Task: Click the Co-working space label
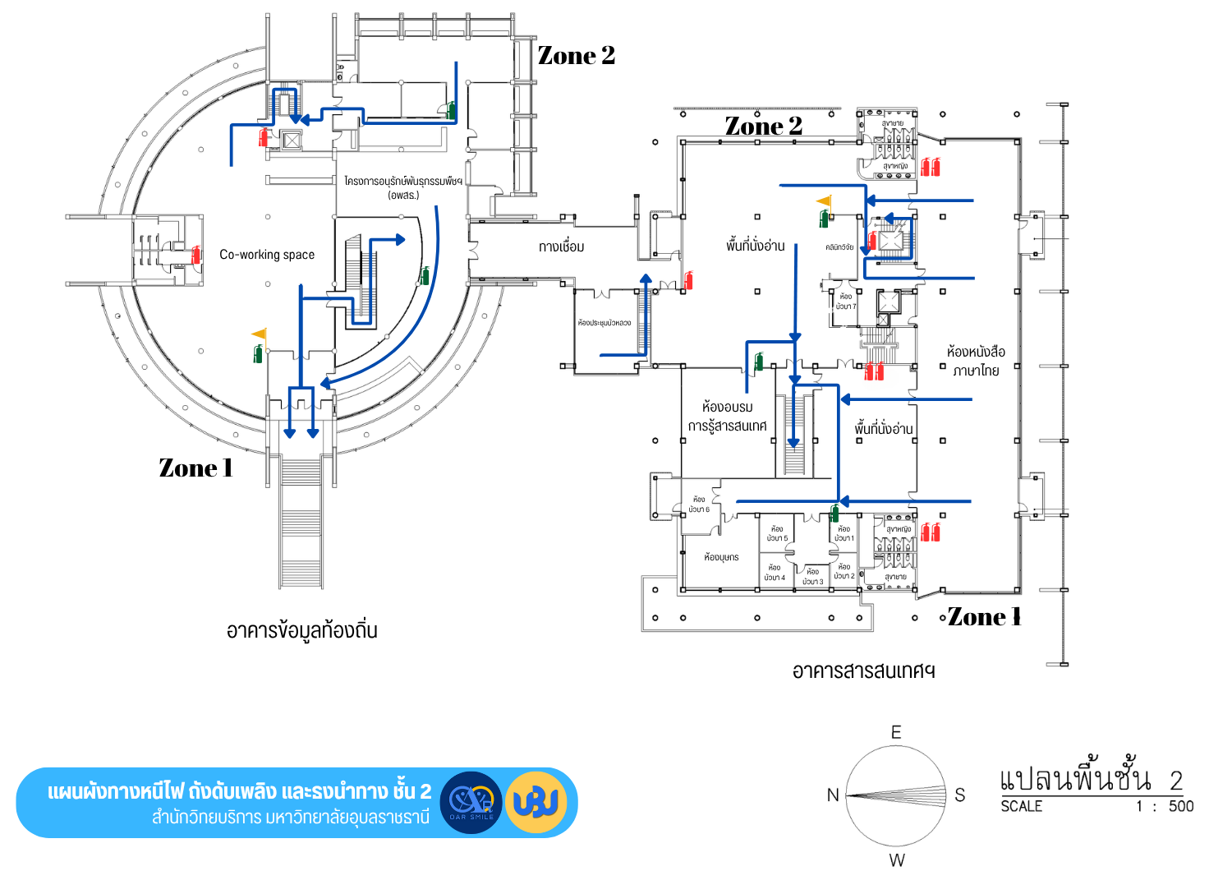point(267,255)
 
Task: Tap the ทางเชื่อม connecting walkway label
point(562,247)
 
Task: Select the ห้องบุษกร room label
point(721,557)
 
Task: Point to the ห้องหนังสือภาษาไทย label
point(976,361)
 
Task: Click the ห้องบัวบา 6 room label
point(699,505)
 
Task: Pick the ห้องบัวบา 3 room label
point(812,577)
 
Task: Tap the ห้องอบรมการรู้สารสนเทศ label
point(728,416)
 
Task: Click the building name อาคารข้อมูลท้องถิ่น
point(301,631)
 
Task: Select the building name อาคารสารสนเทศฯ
point(863,671)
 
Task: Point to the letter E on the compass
point(896,732)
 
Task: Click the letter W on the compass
point(897,860)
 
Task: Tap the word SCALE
point(1021,806)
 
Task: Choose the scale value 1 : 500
point(1165,806)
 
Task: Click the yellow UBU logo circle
point(536,802)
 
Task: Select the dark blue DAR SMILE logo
point(471,802)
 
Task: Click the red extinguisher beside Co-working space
point(196,256)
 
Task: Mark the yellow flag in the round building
point(259,334)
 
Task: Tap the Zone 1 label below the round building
point(195,468)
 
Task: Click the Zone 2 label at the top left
point(576,56)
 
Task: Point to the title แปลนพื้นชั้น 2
point(1091,778)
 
